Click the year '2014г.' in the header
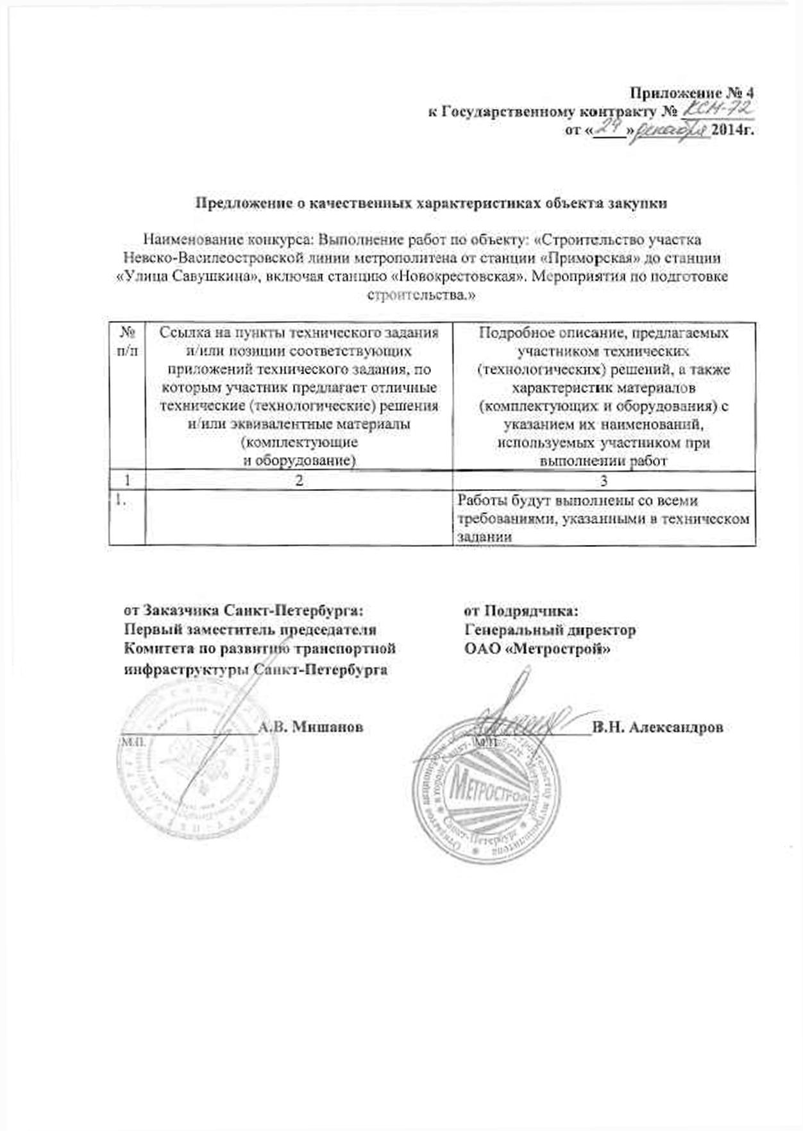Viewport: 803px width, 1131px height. point(732,131)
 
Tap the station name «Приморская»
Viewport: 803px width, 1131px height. point(575,259)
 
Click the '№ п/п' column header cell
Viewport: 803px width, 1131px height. point(128,341)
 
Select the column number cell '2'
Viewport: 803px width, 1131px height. point(299,480)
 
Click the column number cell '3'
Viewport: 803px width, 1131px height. point(604,480)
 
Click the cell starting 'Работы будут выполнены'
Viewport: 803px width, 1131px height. point(603,518)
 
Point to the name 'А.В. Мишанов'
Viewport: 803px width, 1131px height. point(310,727)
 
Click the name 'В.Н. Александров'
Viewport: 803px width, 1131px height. point(659,727)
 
